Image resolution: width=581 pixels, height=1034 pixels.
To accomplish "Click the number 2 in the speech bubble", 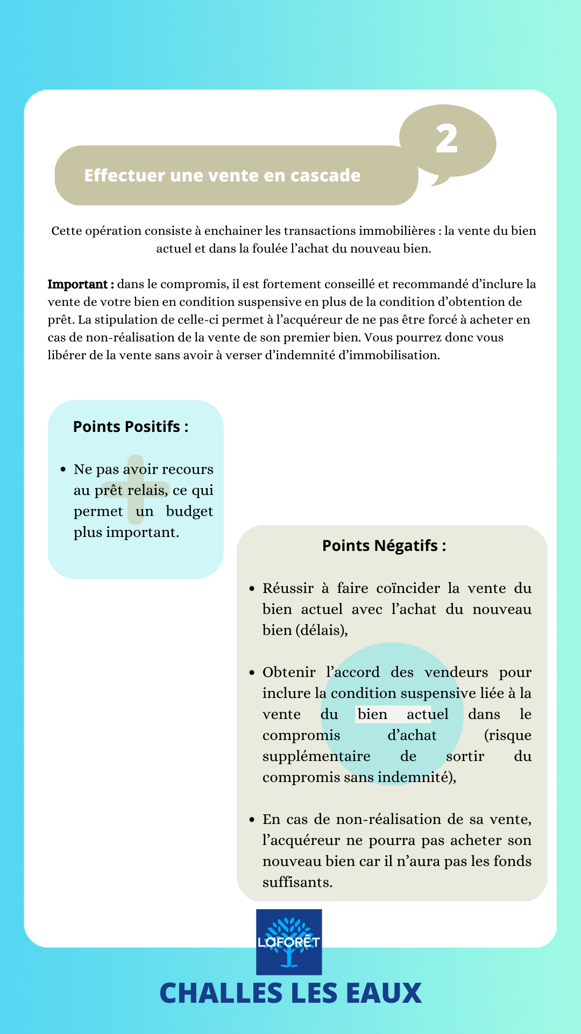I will click(447, 139).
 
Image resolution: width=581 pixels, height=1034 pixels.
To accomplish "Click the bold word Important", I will click(77, 284).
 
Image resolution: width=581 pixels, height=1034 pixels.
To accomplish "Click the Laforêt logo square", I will click(289, 942).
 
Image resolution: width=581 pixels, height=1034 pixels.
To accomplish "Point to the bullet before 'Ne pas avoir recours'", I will click(63, 470).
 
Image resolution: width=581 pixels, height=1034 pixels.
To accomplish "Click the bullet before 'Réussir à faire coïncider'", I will click(252, 589).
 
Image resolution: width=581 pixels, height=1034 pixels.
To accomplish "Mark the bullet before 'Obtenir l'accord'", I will click(252, 673).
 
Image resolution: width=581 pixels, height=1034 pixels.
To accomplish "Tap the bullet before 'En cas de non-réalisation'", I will click(252, 820).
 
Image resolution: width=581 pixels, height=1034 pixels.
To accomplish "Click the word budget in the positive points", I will click(189, 511).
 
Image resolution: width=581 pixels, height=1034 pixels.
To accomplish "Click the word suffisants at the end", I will click(297, 882).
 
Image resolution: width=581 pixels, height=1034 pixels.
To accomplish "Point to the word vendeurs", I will click(456, 672).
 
